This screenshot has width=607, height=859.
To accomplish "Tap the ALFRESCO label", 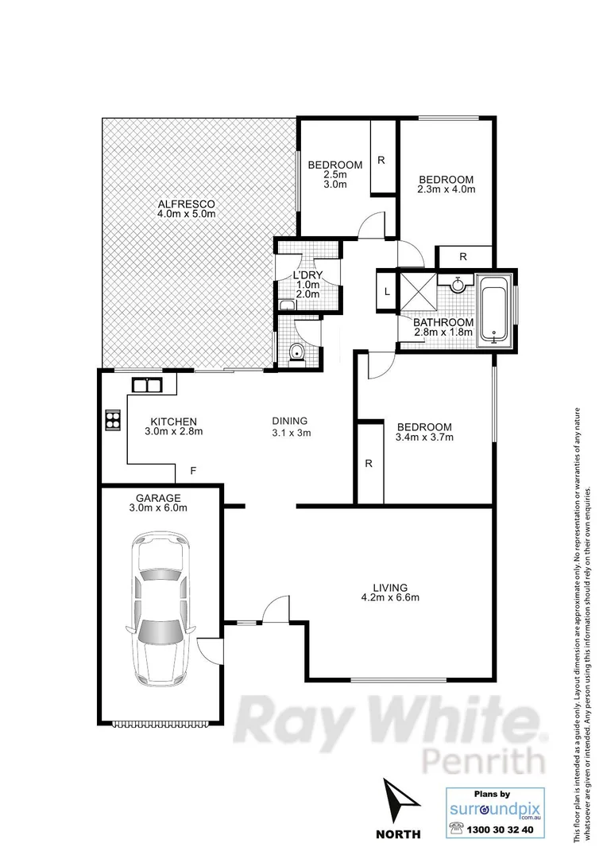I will (186, 204).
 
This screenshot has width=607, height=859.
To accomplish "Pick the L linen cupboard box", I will (386, 292).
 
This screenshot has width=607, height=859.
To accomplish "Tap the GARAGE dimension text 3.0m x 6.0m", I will (161, 507).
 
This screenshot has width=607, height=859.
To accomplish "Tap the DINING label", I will (289, 422).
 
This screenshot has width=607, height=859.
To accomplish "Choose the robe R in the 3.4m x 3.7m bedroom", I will (369, 463).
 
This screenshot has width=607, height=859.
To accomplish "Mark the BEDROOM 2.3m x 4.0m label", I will (447, 179).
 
